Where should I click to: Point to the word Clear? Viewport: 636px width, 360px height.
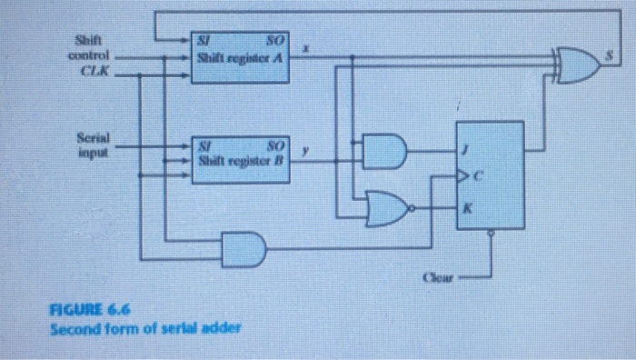439,274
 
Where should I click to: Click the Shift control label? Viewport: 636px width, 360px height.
90,48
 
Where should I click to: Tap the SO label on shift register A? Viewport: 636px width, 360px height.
274,41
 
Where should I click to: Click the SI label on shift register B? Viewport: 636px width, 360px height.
207,144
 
